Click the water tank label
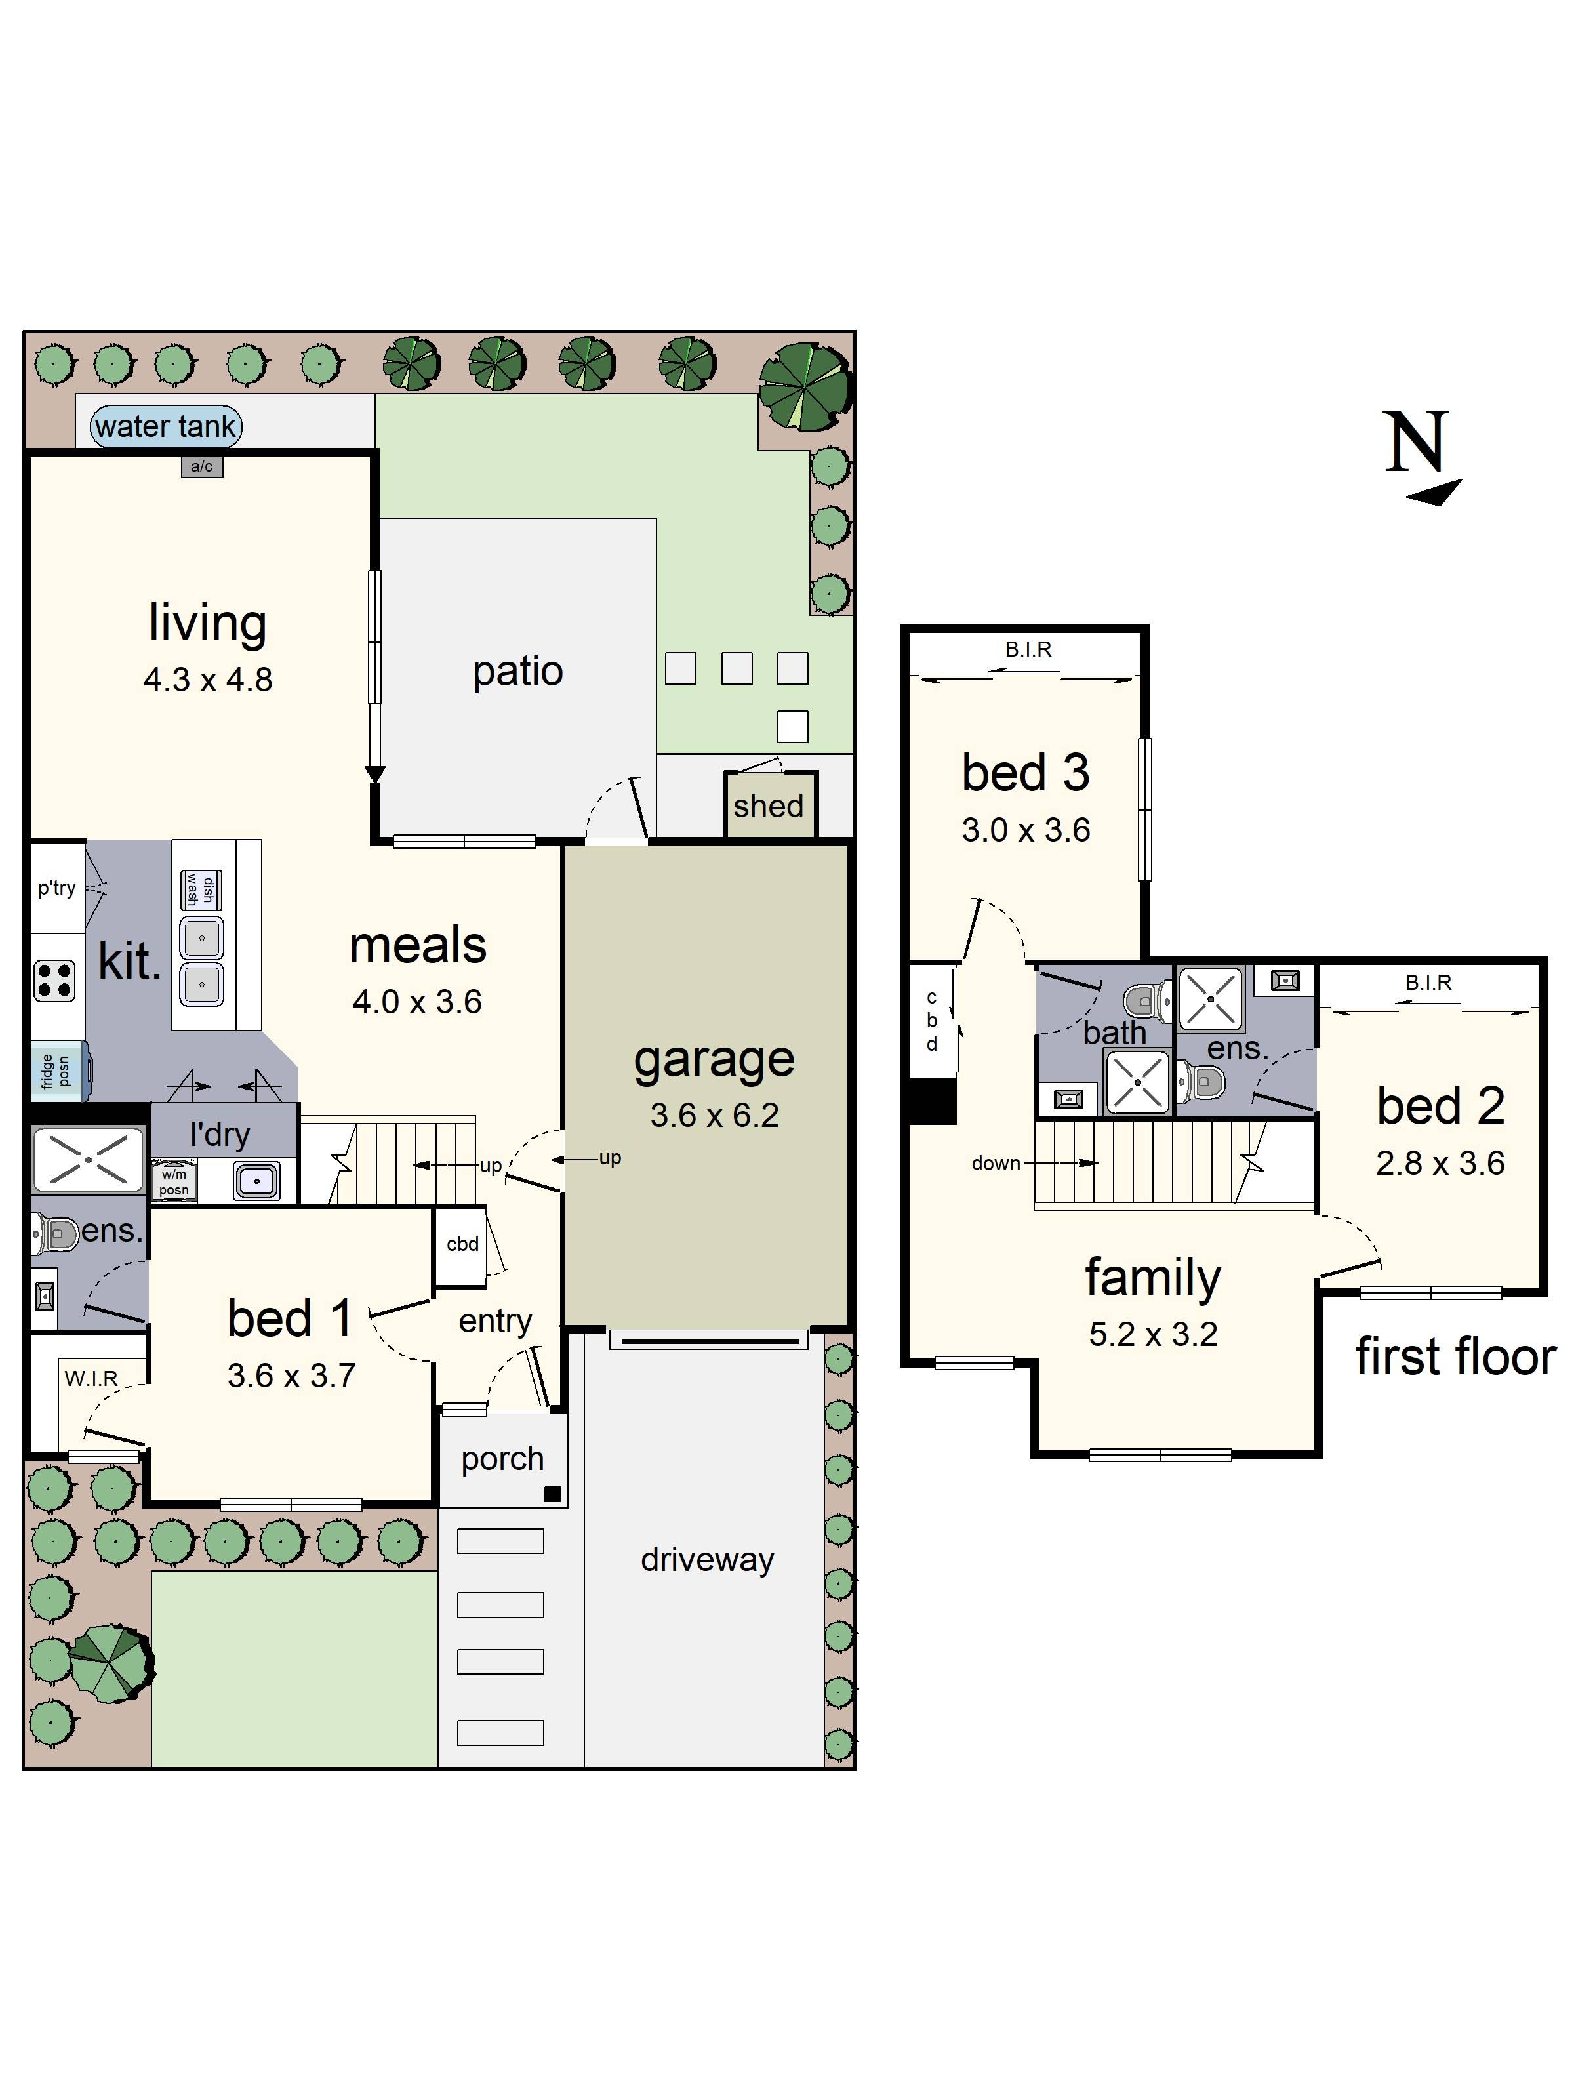(165, 426)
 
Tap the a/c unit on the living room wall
(202, 466)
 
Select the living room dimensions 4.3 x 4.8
(208, 680)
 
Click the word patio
(518, 672)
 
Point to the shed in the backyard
(769, 805)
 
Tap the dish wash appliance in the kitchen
(201, 889)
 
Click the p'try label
(57, 887)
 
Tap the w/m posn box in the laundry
(174, 1181)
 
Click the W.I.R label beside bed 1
(91, 1379)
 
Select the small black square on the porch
(552, 1494)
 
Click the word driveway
(707, 1559)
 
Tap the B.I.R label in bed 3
(1028, 649)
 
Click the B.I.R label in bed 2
(1428, 982)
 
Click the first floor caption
(1455, 1356)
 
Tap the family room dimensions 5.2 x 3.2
(1153, 1334)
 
